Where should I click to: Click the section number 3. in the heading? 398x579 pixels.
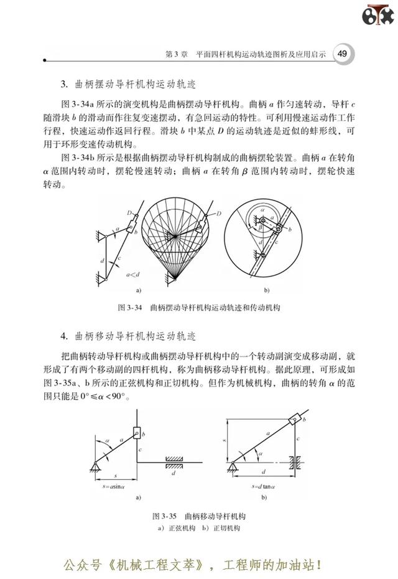point(64,85)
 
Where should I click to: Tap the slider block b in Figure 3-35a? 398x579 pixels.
point(137,433)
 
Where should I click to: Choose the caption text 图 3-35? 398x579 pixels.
point(165,517)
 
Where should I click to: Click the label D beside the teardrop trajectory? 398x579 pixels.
point(219,213)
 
